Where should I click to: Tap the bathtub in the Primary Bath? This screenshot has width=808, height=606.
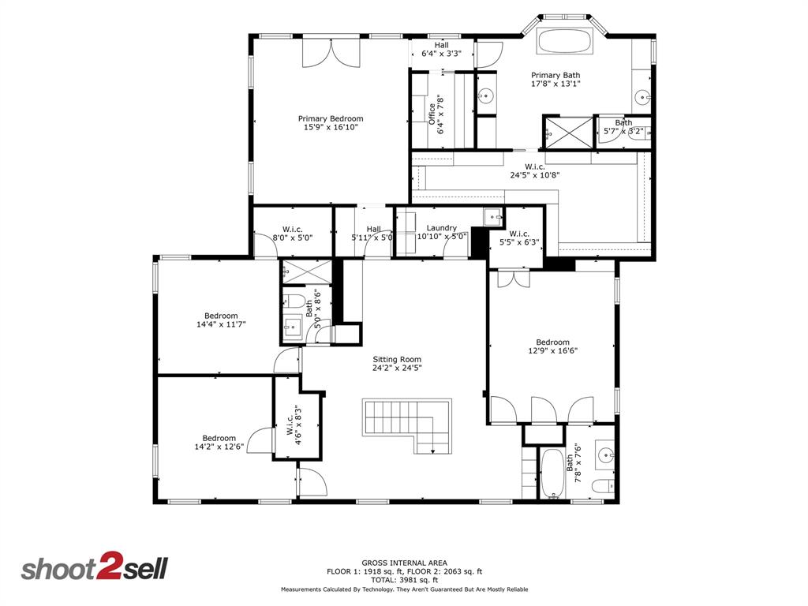[x=566, y=41]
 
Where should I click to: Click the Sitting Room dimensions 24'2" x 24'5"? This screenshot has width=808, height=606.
[x=397, y=368]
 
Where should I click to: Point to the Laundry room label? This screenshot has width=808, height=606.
[x=441, y=228]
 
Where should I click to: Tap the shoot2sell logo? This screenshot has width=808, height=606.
[x=94, y=568]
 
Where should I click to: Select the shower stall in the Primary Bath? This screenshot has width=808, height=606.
[x=567, y=132]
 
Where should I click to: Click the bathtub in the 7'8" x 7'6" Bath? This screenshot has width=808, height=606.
[x=552, y=473]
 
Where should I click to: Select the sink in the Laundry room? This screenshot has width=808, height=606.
[x=492, y=215]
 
